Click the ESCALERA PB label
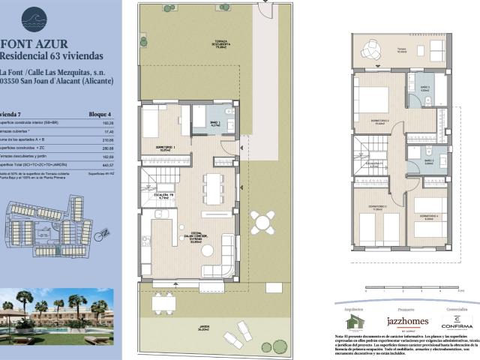[164, 196]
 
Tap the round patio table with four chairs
[262, 221]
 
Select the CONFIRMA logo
[457, 322]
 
